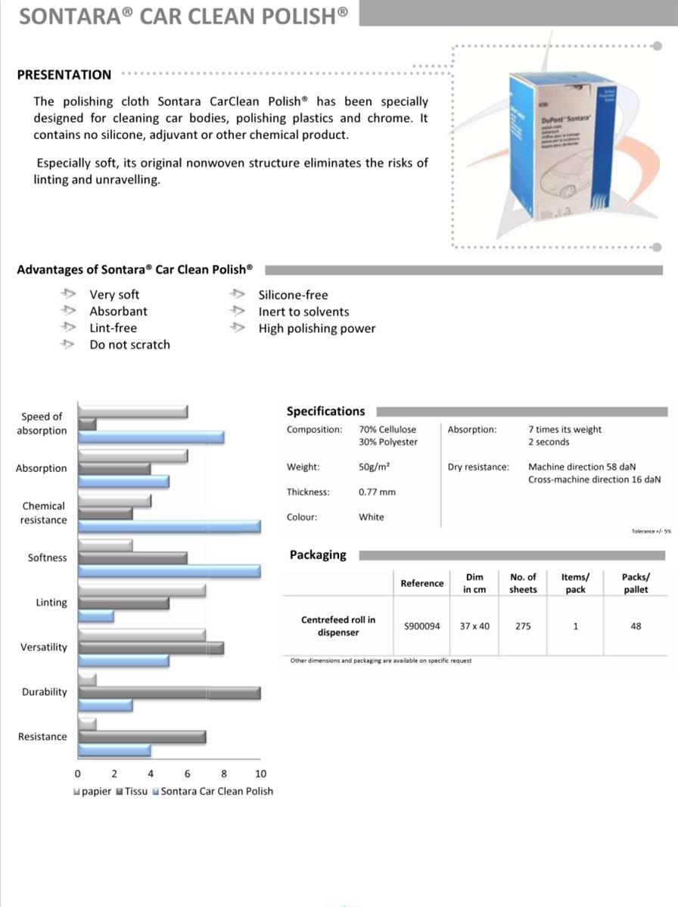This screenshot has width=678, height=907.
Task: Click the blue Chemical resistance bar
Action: click(169, 526)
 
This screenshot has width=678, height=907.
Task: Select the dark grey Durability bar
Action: click(169, 693)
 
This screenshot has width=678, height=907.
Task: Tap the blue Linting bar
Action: click(97, 616)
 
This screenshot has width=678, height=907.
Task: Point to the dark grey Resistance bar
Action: click(142, 737)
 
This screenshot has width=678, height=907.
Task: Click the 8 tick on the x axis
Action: click(224, 774)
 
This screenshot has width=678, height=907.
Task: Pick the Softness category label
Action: click(48, 558)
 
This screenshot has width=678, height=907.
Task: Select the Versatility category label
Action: click(44, 648)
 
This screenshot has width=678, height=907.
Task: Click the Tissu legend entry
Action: click(132, 791)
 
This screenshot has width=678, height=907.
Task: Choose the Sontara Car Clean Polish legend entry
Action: click(216, 791)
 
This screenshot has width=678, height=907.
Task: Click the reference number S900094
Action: click(421, 626)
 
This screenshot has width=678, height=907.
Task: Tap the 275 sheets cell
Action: click(523, 626)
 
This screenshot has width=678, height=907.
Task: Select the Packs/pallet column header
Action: click(636, 583)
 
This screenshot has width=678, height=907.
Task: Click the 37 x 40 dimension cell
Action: click(474, 626)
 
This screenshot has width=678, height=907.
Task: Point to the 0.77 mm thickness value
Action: click(377, 492)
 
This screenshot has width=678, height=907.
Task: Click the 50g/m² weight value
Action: click(374, 467)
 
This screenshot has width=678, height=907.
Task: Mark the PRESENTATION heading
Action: click(64, 75)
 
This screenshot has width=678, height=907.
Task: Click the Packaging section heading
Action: click(318, 555)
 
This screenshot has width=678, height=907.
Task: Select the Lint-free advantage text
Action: click(114, 328)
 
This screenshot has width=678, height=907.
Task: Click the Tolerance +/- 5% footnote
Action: click(651, 532)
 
